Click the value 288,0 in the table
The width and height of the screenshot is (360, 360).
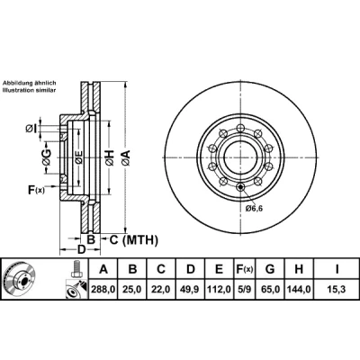point(103,290)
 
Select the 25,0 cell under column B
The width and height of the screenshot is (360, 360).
point(132,290)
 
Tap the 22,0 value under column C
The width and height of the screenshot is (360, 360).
point(161,290)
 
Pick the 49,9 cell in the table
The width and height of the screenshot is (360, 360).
point(191,290)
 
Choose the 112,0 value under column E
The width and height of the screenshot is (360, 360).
point(219,290)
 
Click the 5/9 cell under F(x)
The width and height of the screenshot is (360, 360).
point(244,290)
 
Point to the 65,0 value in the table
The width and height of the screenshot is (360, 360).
point(270,290)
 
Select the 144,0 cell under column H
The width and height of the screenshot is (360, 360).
point(299,290)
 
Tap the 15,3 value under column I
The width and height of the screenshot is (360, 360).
point(337,290)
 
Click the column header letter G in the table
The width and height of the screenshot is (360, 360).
point(270,269)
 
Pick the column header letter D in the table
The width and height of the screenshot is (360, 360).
point(191,269)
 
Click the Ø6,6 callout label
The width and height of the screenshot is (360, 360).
point(254,208)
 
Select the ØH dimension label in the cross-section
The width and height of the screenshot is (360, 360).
point(110,157)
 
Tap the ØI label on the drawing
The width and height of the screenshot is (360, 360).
point(31,129)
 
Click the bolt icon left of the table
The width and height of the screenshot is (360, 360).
point(76,269)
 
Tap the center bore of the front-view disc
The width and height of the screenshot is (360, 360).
point(241,157)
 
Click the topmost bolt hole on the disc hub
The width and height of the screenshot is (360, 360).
point(239,128)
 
